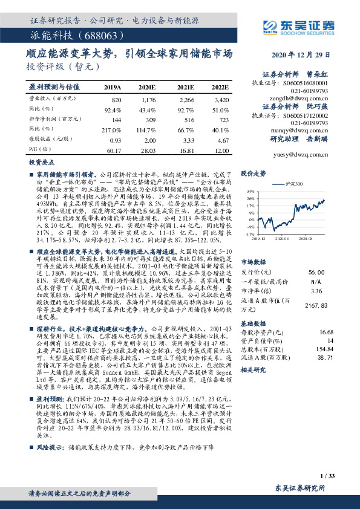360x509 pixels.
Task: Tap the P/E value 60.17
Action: pos(113,149)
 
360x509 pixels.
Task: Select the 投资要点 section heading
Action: pos(41,163)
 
